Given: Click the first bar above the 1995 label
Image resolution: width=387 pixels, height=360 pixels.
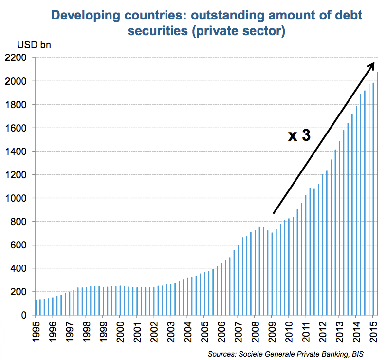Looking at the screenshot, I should tap(36, 307).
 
